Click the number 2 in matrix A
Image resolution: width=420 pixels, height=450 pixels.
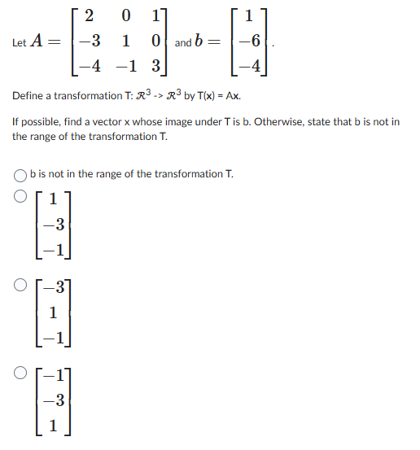click(x=88, y=15)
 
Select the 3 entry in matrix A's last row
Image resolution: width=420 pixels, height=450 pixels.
click(x=154, y=64)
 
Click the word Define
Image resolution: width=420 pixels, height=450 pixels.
click(x=29, y=96)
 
